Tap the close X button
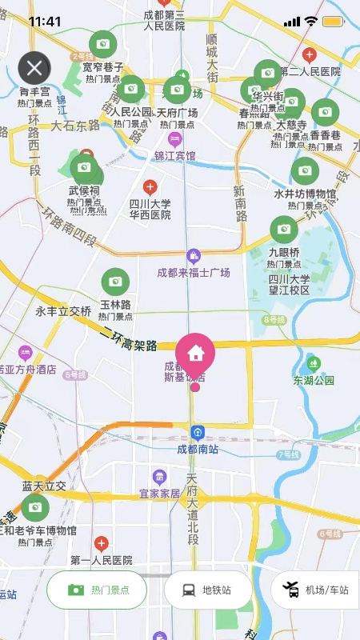click(x=34, y=68)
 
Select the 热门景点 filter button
click(x=97, y=590)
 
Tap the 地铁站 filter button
click(x=208, y=590)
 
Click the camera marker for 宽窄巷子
click(x=102, y=44)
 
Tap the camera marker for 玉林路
click(x=115, y=282)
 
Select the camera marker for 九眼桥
click(x=283, y=230)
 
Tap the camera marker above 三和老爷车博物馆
click(x=34, y=507)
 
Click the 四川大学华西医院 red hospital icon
click(x=150, y=187)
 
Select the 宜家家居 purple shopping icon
click(x=160, y=478)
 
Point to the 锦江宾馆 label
click(x=175, y=155)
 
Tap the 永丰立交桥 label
click(x=63, y=311)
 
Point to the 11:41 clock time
click(x=45, y=22)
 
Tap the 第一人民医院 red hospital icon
click(x=101, y=544)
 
